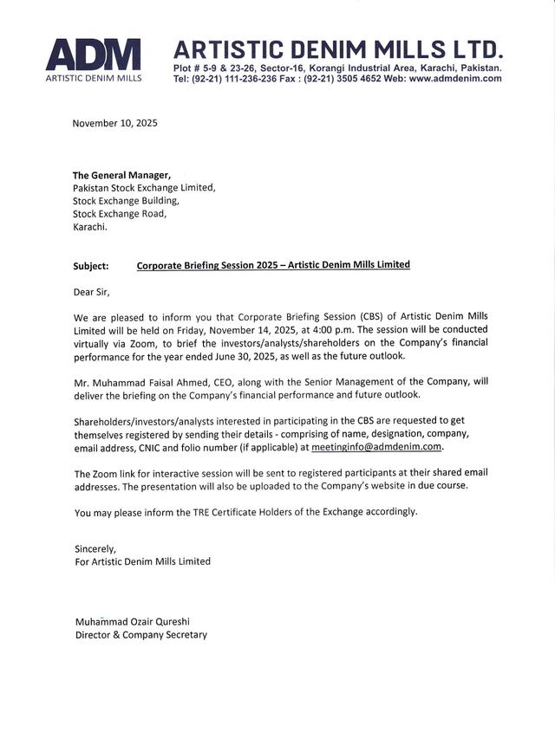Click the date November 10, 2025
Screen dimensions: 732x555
pyautogui.click(x=115, y=123)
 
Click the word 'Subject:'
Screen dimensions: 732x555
pyautogui.click(x=91, y=266)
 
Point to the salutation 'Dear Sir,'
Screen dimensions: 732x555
pyautogui.click(x=93, y=291)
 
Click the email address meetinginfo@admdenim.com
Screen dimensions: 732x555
pyautogui.click(x=376, y=447)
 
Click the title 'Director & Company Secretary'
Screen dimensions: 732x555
pyautogui.click(x=141, y=635)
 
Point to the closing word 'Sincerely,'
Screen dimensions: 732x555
pyautogui.click(x=95, y=548)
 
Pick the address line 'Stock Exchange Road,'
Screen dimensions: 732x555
pyautogui.click(x=120, y=213)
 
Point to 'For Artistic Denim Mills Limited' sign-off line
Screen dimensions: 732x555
pyautogui.click(x=143, y=561)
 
